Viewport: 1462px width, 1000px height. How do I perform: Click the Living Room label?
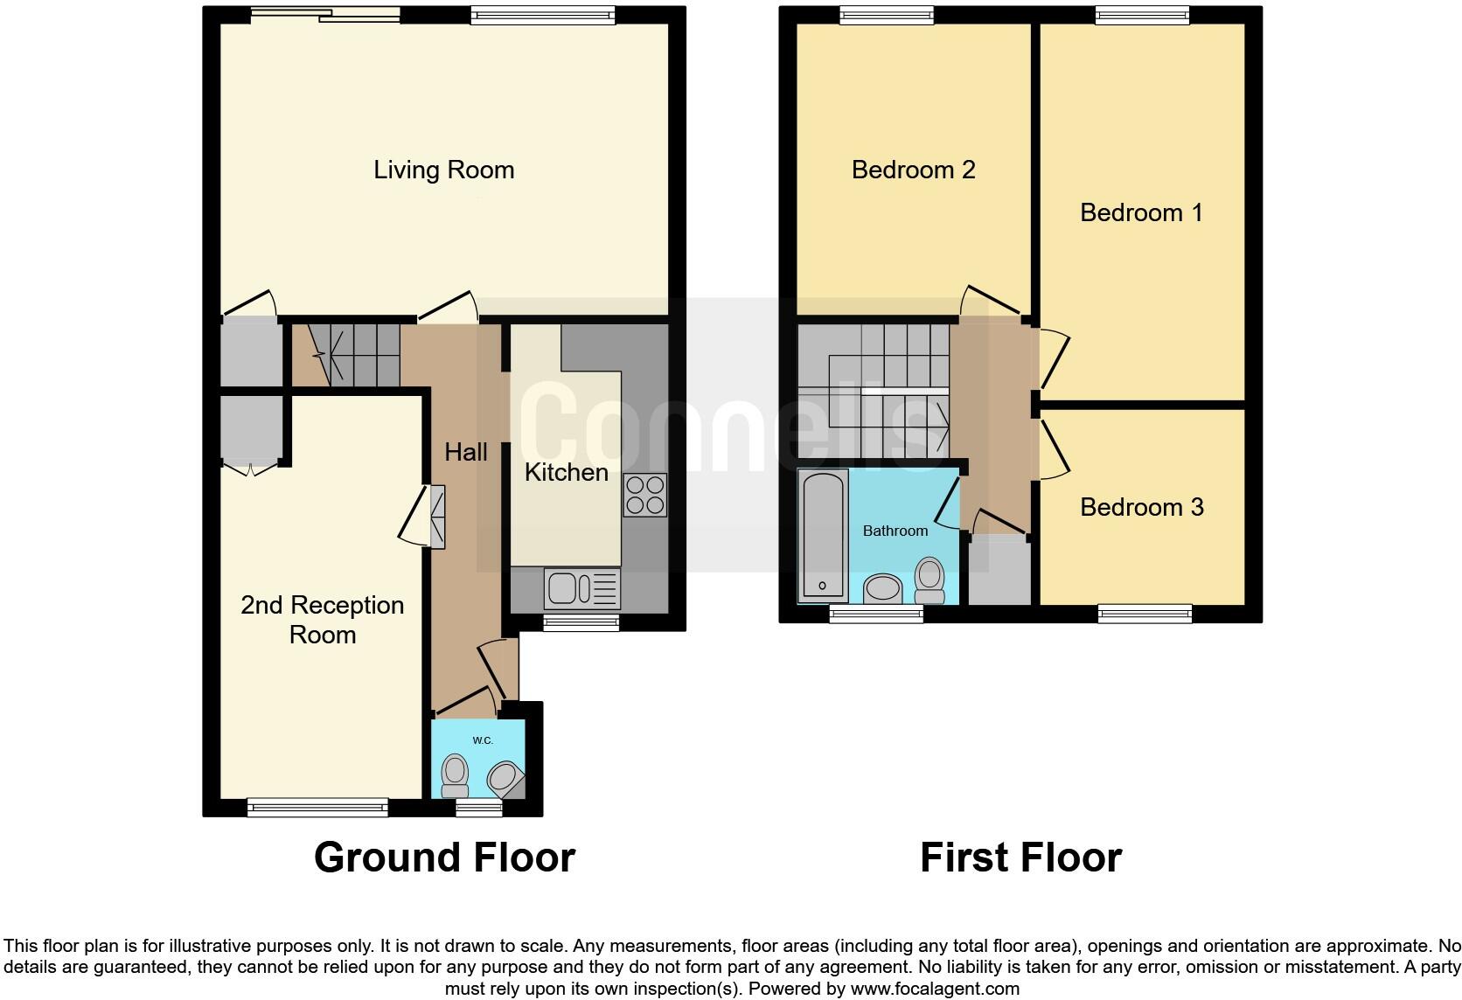tap(443, 170)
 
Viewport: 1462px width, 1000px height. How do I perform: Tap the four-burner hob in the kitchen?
tap(644, 495)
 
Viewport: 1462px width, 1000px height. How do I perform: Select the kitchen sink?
tap(581, 587)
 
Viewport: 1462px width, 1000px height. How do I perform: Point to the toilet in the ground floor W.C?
tap(455, 775)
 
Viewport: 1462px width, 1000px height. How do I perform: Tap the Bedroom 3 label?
tap(1141, 507)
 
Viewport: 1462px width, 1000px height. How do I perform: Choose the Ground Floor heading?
tap(444, 858)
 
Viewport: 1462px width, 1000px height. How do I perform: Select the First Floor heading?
tap(1020, 858)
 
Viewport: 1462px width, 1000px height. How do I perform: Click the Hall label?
tap(465, 452)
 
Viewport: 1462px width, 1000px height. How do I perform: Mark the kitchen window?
tap(581, 622)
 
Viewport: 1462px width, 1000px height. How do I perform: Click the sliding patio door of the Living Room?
tap(324, 14)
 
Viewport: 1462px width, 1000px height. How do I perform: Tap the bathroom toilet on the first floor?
tap(929, 580)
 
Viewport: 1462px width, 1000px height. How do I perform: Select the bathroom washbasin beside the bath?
tap(882, 588)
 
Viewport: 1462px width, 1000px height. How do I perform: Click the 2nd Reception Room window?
tap(317, 807)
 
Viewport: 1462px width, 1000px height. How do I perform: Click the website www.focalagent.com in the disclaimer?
tap(935, 989)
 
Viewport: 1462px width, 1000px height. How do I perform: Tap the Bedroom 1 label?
tap(1141, 212)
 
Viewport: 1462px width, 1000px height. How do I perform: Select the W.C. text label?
tap(483, 740)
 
